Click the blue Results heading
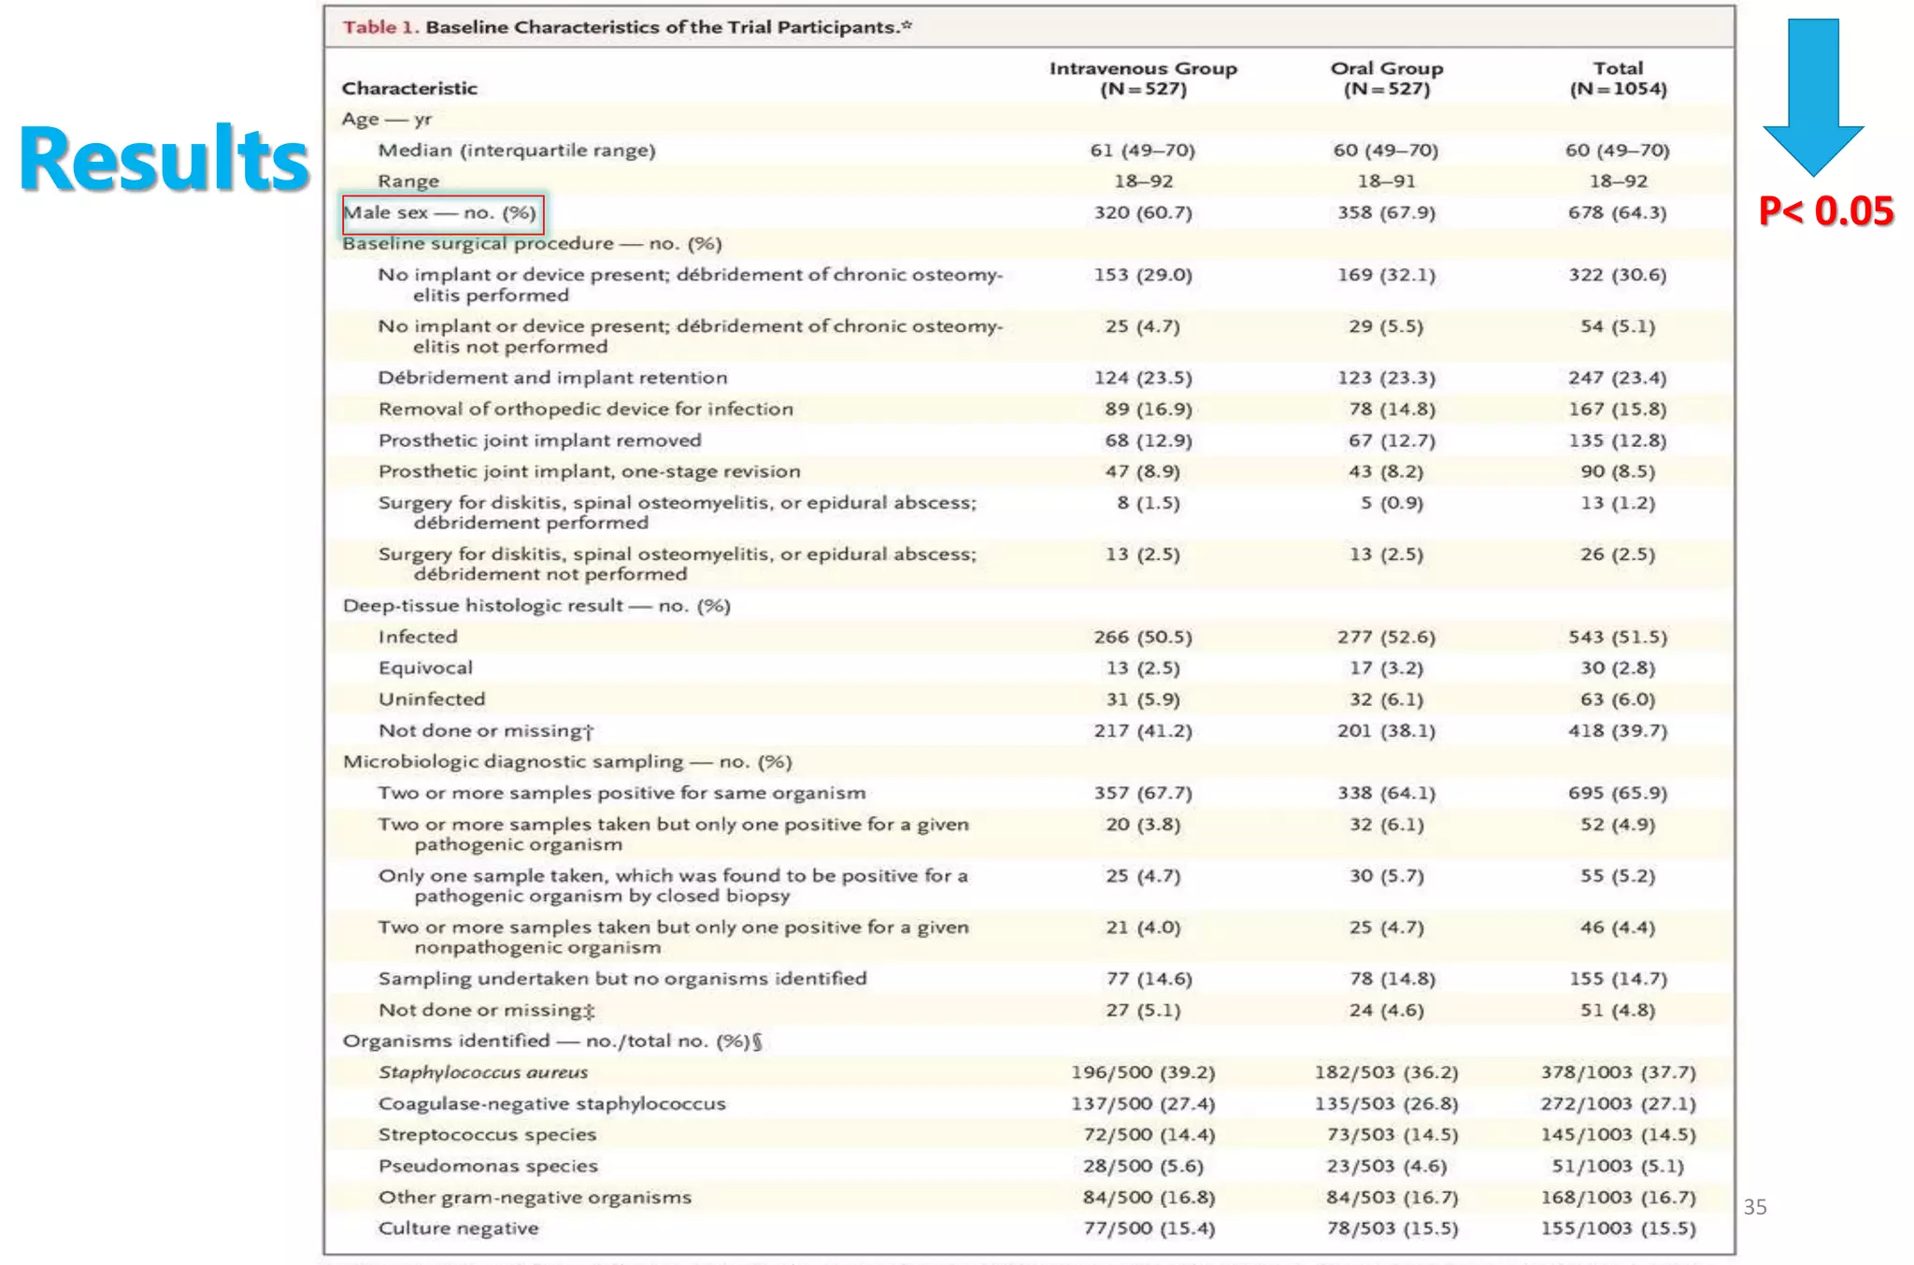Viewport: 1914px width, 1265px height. (164, 159)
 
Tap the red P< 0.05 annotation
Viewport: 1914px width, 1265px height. (1825, 211)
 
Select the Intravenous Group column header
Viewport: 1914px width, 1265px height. (1143, 79)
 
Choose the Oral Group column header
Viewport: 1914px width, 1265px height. (1387, 79)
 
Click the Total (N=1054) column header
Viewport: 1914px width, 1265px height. (1618, 79)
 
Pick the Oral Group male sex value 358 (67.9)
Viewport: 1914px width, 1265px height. (1386, 213)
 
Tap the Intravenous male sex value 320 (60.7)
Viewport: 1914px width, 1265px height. (1143, 213)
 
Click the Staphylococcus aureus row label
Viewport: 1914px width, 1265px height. (483, 1072)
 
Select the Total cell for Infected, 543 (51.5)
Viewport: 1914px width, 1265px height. (1618, 638)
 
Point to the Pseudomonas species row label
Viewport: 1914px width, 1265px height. (488, 1166)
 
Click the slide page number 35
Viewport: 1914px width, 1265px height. (1755, 1207)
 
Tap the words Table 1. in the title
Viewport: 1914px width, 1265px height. (381, 27)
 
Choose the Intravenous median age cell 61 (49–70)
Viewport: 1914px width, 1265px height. (1142, 151)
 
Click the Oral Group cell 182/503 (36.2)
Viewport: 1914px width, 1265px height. (1386, 1072)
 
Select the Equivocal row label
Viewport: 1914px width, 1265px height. (425, 668)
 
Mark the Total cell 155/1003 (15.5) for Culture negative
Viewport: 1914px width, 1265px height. (1618, 1229)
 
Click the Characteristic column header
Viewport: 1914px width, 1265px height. (409, 89)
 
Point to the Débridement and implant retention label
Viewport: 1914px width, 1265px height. (552, 378)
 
